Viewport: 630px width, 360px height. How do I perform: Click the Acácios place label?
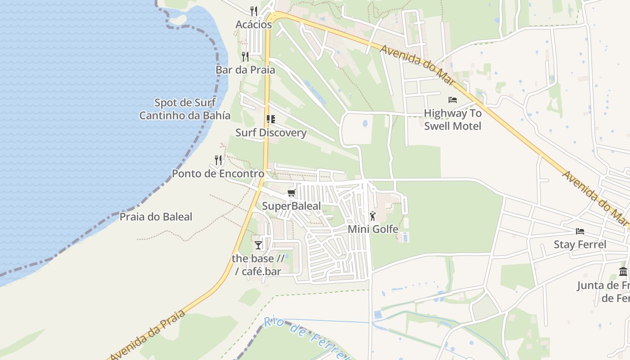coord(254,25)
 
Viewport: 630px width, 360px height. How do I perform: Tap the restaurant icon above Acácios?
coord(254,11)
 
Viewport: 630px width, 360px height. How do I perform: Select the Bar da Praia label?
coord(245,70)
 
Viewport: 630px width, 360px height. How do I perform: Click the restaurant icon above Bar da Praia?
coord(245,56)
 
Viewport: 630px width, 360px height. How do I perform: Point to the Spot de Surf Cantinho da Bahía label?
coord(185,109)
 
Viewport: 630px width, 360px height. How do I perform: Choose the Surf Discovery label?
coord(271,133)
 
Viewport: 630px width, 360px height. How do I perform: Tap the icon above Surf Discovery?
coord(270,119)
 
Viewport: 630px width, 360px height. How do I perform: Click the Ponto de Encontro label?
coord(218,174)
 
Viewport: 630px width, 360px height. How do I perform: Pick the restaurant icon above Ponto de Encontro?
coord(218,160)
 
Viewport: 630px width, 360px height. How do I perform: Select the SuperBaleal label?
coord(292,207)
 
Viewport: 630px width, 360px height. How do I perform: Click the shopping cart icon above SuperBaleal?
coord(291,193)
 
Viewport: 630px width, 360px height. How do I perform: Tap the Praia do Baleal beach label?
coord(156,217)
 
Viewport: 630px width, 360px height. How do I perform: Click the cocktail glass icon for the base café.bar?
coord(258,245)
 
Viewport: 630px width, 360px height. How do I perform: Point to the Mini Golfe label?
coord(373,229)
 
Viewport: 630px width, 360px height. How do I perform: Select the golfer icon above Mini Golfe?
coord(373,216)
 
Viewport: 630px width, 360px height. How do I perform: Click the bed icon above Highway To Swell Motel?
coord(453,99)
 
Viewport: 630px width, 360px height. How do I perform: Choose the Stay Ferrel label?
coord(580,245)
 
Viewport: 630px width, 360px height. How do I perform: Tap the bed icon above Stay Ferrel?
coord(580,231)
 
